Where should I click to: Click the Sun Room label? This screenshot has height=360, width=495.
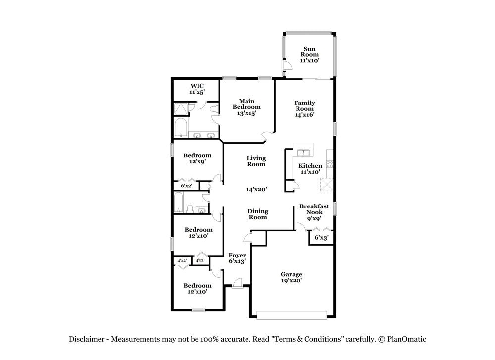pos(310,54)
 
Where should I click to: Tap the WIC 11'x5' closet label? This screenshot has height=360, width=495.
pos(197,89)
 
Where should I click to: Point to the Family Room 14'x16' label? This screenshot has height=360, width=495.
pos(305,109)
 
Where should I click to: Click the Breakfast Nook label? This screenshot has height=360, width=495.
pos(314,212)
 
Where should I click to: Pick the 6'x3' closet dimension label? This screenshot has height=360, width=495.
pos(322,238)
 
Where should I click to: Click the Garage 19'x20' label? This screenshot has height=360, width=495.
pos(292,277)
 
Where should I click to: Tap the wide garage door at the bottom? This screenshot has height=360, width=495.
pos(292,315)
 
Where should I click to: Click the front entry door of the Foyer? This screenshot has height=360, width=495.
pos(237,284)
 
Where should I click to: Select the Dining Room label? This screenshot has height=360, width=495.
pos(257,214)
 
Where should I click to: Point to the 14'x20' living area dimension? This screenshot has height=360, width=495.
pos(256,189)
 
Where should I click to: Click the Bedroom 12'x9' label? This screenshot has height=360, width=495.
pos(197,158)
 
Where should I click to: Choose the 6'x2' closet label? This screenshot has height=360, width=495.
pos(186,186)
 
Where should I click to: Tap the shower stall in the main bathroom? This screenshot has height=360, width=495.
pos(181,109)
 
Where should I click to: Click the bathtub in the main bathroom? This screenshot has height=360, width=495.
pos(180,128)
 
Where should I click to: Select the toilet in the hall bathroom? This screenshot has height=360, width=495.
pos(200,210)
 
